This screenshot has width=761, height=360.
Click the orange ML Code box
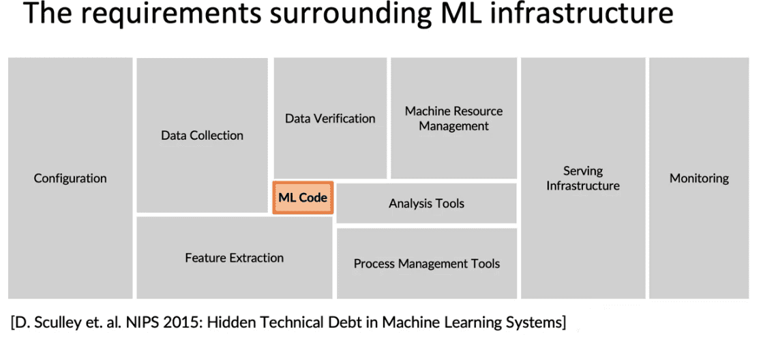[303, 198]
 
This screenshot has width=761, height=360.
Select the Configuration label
[70, 179]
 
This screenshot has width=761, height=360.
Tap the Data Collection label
[203, 136]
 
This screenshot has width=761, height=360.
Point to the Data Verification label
[330, 119]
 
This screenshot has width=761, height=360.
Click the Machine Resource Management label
[453, 119]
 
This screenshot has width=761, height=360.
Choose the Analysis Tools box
[427, 203]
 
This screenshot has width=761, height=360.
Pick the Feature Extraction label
[235, 258]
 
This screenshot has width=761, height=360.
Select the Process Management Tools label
[427, 264]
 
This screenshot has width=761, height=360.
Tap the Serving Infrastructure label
[583, 178]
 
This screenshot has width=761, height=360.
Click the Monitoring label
[700, 179]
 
